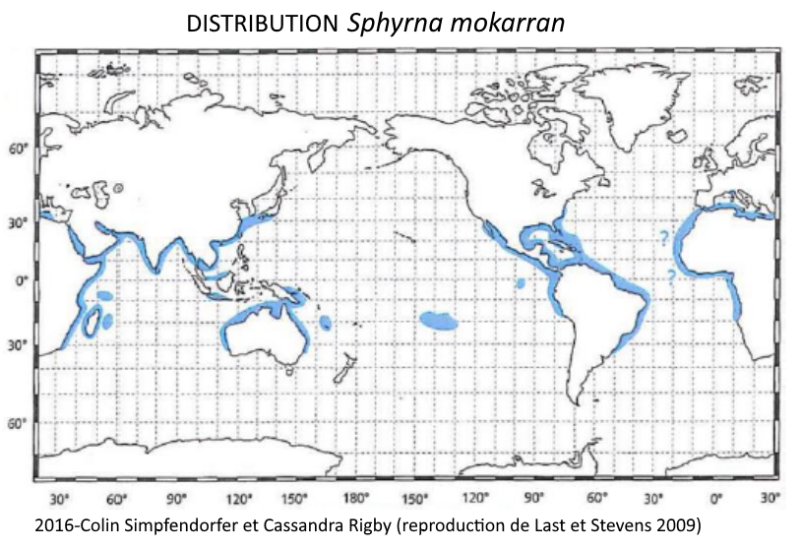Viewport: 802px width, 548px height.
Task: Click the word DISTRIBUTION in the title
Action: point(262,24)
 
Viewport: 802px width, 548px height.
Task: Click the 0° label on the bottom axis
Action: point(716,497)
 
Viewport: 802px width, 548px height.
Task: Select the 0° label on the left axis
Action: point(21,280)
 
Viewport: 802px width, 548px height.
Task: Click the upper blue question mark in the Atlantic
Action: point(663,237)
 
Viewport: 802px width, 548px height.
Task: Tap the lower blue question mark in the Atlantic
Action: point(671,276)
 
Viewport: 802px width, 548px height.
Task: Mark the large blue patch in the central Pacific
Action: point(439,320)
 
